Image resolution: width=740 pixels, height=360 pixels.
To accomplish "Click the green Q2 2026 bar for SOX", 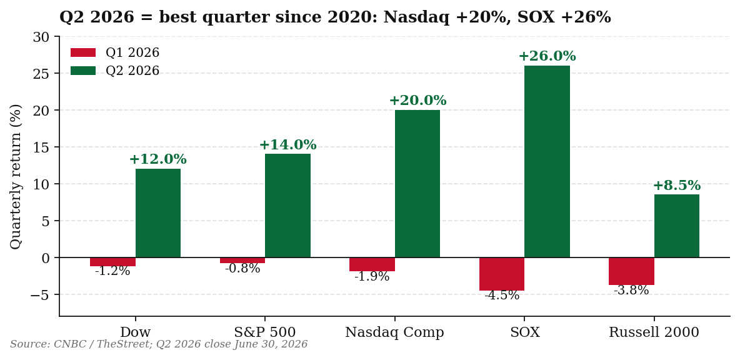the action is coord(547,161).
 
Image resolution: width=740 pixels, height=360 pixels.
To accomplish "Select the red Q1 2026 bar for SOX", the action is coord(502,274).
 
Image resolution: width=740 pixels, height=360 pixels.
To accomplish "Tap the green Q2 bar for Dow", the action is coord(158,213).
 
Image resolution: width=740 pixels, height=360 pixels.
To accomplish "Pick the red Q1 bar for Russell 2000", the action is coord(631,271).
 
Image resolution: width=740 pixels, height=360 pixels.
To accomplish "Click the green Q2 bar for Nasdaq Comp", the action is coord(417,184).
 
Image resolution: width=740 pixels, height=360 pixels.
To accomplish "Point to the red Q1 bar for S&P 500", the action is coord(242,261).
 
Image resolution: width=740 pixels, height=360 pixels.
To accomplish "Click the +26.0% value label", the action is coord(547,56).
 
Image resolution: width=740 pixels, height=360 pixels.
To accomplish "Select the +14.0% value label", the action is coord(288,145).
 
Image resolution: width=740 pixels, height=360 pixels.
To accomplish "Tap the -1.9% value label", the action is coord(372,276).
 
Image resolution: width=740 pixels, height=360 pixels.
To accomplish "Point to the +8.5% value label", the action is coord(677,186).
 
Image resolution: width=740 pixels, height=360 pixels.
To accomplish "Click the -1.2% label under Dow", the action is coord(112,271).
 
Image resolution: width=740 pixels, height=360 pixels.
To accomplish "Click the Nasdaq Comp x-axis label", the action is coord(394,332).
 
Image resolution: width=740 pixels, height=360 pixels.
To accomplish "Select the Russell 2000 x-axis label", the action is coord(654,332).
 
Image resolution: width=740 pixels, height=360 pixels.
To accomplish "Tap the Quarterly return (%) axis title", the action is coord(16,177).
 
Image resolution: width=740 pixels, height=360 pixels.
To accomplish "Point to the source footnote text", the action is coord(159,344).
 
